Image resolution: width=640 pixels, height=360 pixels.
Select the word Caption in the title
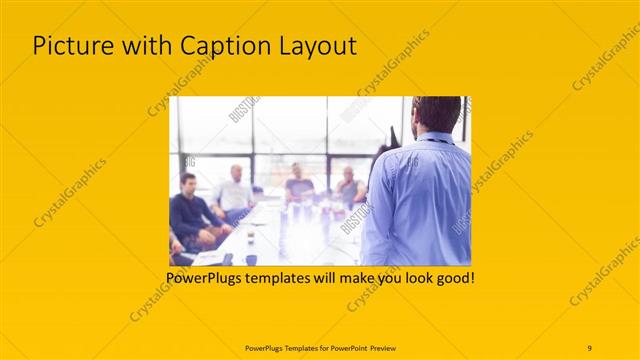[x=212, y=46]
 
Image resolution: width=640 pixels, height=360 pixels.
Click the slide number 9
[x=589, y=347]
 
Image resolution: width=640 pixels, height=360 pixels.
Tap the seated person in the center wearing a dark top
[x=298, y=184]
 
